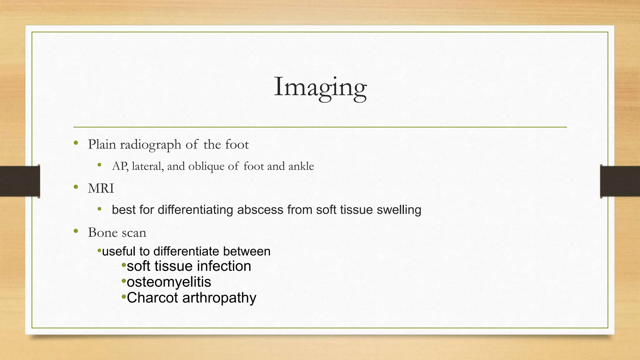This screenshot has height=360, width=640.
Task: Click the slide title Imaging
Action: (320, 87)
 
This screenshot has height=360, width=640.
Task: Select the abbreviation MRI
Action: (101, 188)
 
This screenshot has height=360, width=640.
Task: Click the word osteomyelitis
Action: (169, 282)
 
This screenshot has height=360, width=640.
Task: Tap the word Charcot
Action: (152, 297)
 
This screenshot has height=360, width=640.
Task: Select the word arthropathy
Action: (219, 298)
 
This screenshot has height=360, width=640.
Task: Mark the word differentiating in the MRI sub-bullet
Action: (195, 210)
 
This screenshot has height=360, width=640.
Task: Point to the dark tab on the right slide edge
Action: (620, 181)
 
